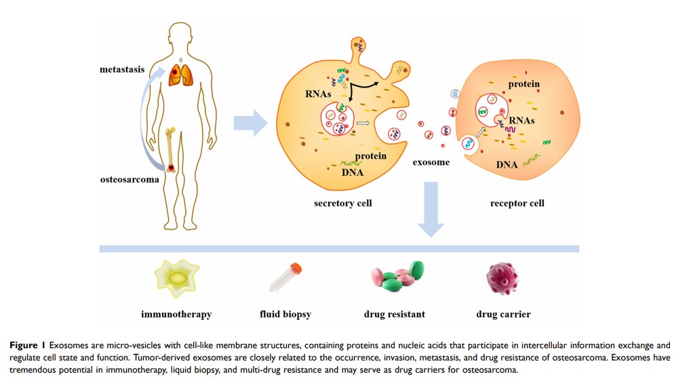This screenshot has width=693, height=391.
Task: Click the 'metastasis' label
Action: point(122,69)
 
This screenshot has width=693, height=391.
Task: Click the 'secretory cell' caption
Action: point(342,203)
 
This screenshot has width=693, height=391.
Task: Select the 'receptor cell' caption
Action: point(517,203)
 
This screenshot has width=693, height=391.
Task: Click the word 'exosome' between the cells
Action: point(431,162)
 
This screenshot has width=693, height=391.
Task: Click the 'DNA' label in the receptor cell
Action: point(507,164)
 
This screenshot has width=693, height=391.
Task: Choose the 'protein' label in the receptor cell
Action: point(524,84)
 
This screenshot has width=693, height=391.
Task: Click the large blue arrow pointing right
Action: point(250,122)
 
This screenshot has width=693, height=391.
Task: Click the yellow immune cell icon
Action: point(177,280)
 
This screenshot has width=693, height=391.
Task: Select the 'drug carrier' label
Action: point(503,314)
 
